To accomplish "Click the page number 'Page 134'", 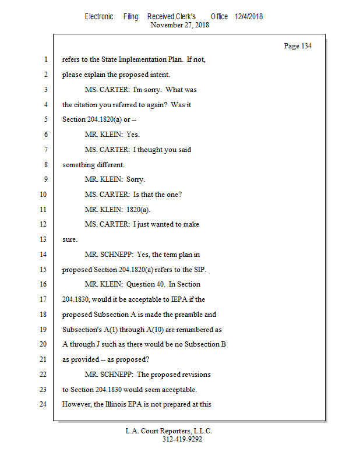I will (297, 46).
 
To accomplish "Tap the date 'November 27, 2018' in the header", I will (179, 25).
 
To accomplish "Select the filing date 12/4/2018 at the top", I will (249, 16).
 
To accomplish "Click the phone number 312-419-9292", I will (182, 439).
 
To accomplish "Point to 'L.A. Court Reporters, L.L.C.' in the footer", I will (169, 431).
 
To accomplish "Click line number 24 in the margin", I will (42, 404).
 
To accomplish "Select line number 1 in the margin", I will (44, 59).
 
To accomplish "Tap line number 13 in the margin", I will (42, 239).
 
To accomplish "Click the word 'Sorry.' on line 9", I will (136, 179).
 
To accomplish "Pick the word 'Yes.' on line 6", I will (133, 135).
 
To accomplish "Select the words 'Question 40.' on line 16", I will (147, 284).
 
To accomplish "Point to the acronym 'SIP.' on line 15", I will (199, 269).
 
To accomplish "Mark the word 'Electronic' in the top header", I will (99, 16).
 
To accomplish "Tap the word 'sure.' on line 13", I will (70, 239).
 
